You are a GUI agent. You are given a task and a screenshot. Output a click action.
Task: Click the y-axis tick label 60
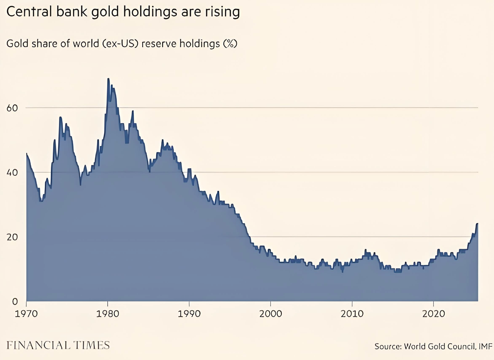[12, 108]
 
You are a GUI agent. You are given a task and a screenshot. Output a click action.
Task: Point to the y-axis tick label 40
[12, 172]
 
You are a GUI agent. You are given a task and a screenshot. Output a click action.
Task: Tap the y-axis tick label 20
[12, 237]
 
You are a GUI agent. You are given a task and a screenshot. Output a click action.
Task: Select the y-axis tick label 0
[15, 301]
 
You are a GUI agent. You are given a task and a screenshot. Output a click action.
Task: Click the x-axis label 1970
[26, 314]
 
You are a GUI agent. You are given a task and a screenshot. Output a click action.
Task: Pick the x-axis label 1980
[107, 314]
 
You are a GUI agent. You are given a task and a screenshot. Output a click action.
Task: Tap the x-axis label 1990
[189, 314]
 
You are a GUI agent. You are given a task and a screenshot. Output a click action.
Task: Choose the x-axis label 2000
[271, 314]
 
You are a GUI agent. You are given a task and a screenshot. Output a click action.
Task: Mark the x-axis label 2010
[352, 314]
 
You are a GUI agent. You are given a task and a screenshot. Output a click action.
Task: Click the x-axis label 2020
[433, 314]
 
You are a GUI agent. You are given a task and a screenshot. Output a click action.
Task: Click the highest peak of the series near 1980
[108, 79]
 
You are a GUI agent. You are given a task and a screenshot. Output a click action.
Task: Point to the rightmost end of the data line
[477, 224]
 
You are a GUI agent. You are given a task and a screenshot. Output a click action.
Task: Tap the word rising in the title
[222, 12]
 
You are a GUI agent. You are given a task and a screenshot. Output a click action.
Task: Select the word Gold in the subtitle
[17, 44]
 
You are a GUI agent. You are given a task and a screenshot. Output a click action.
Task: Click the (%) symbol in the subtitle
[230, 44]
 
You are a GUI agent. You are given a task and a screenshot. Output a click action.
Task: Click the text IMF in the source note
[485, 346]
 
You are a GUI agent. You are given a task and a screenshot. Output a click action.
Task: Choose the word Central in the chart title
[29, 12]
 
